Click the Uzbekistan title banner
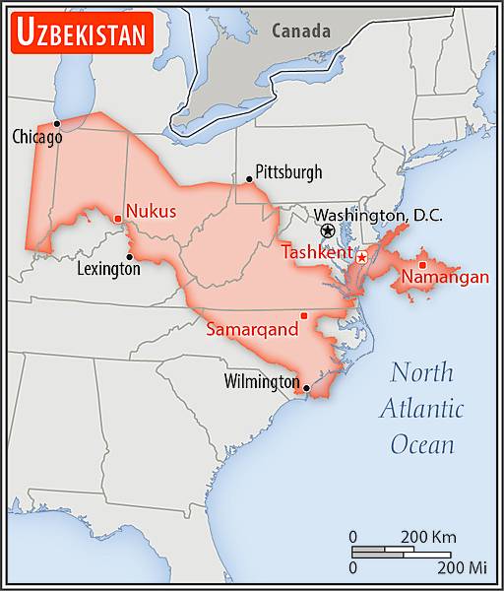pos(82,34)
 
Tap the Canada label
pos(301,31)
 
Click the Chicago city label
pos(36,138)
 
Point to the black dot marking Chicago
pos(57,123)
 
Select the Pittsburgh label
pos(288,172)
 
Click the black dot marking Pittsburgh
pos(249,179)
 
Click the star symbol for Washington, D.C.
pos(328,230)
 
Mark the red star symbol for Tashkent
pos(361,257)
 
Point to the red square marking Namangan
pos(421,264)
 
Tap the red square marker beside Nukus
pos(118,219)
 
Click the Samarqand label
pos(252,331)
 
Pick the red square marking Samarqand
pos(303,315)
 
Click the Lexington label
pos(108,268)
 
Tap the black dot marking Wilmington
pos(307,388)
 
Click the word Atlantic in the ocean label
pos(422,408)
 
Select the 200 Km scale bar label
pos(427,537)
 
